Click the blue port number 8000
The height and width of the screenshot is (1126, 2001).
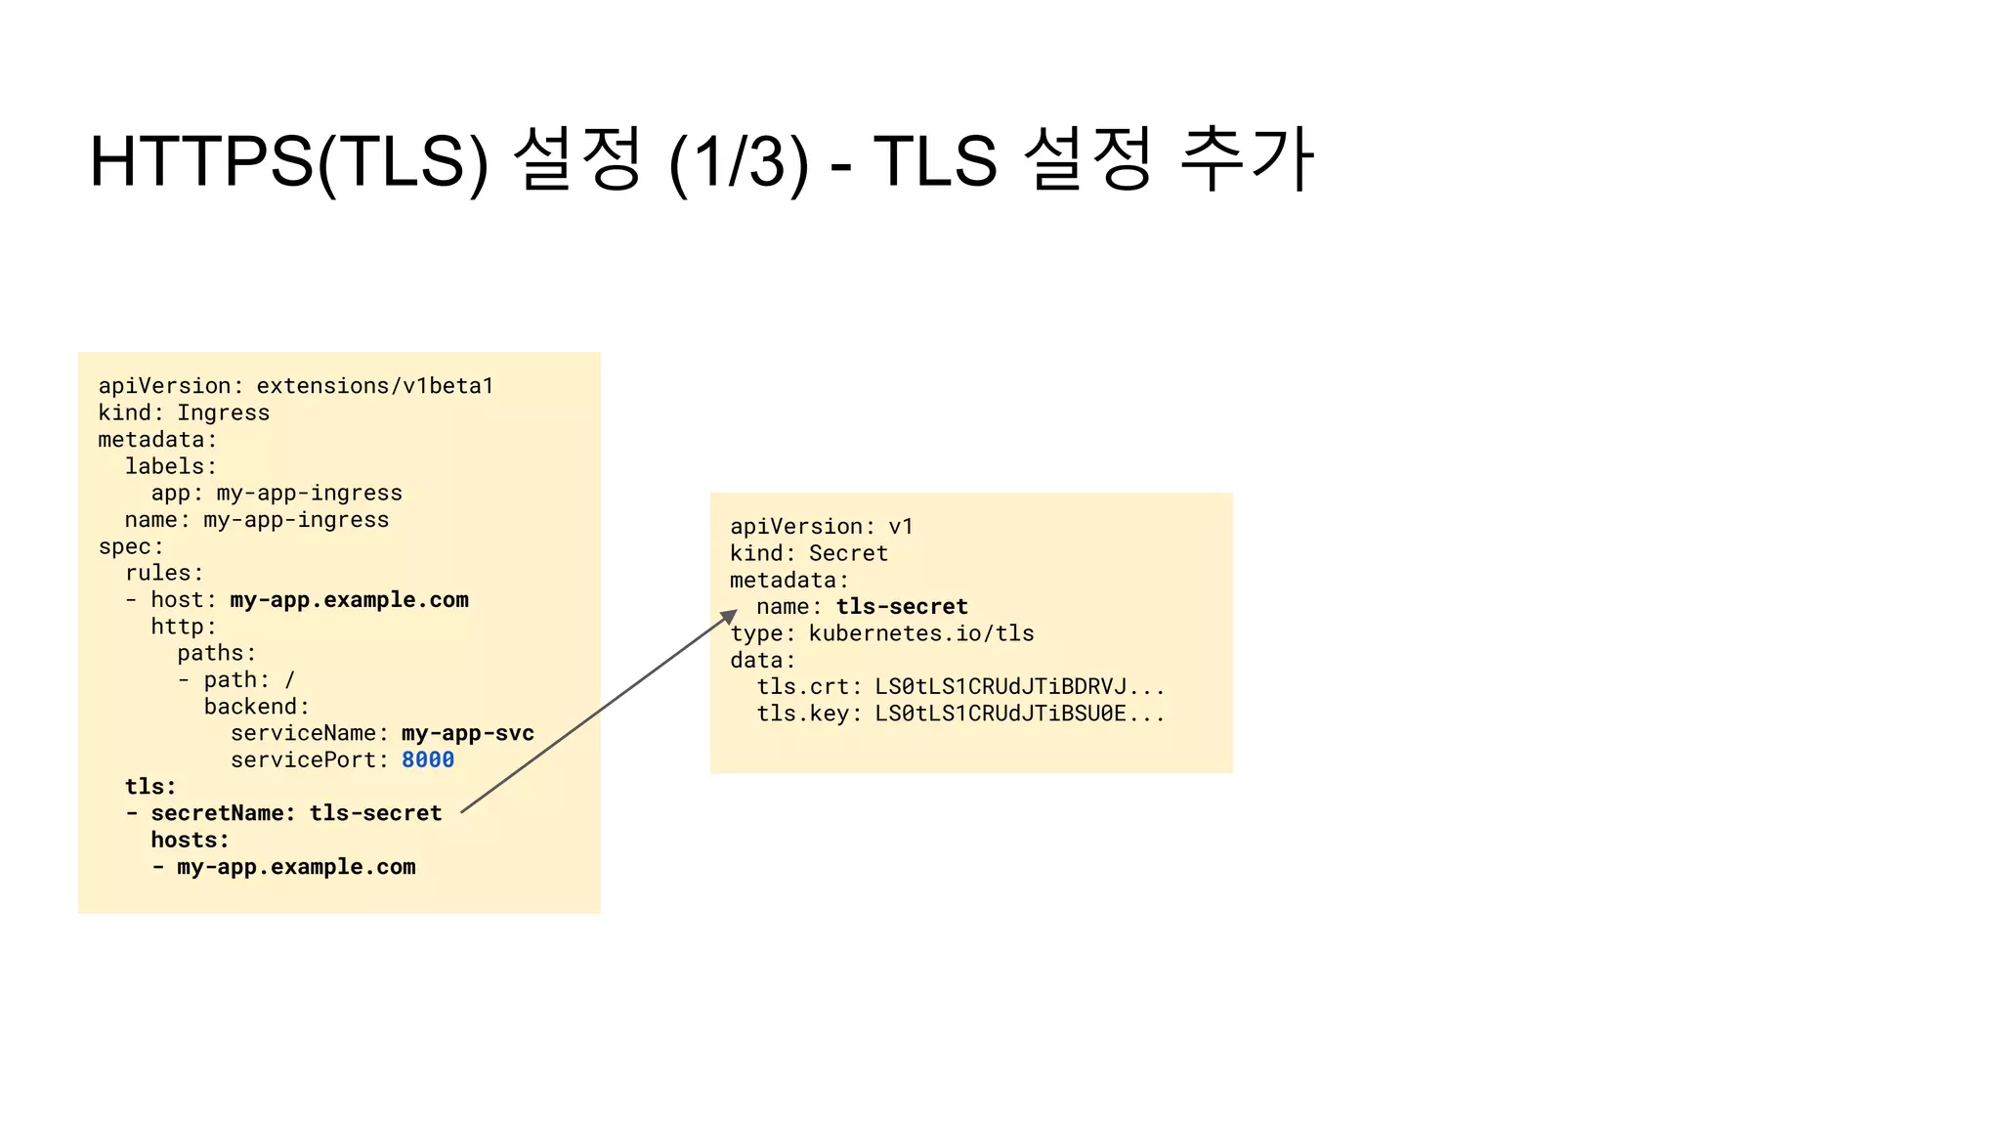[x=427, y=759]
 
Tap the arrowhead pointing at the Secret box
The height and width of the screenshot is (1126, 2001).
[x=729, y=617]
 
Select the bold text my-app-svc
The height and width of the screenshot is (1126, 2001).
[x=467, y=733]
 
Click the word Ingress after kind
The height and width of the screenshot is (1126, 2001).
[x=223, y=412]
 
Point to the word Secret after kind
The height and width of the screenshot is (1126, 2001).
[x=848, y=553]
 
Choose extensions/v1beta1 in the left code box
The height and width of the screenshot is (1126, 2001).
[x=374, y=386]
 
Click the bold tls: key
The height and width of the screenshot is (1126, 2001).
[x=150, y=787]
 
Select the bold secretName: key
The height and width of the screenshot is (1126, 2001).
[x=223, y=813]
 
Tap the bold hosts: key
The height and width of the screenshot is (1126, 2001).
[x=190, y=840]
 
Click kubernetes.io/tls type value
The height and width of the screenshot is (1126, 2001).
[x=920, y=633]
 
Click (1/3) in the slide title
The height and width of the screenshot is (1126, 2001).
[x=739, y=161]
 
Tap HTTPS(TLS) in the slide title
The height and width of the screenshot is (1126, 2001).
[x=288, y=161]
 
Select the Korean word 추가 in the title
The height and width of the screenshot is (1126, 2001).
[x=1247, y=159]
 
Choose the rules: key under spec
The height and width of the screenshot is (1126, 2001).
[x=163, y=573]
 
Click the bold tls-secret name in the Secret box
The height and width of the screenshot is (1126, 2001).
[x=901, y=607]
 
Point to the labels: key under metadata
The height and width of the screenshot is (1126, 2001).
[x=170, y=466]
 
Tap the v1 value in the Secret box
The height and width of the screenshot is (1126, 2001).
[x=900, y=527]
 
